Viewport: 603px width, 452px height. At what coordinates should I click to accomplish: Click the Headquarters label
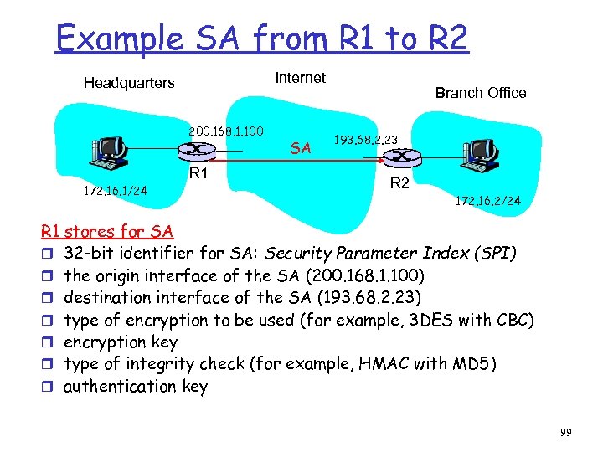(x=129, y=83)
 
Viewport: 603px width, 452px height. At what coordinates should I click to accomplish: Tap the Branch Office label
(x=481, y=93)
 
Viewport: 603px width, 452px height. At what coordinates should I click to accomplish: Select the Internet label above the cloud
(x=300, y=78)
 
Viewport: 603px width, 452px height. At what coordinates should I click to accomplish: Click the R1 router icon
(x=197, y=150)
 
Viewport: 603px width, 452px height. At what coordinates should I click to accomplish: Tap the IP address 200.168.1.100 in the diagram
(x=227, y=131)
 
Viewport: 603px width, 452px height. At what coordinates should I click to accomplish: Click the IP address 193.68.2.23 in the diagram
(x=365, y=139)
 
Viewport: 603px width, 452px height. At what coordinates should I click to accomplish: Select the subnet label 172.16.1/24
(x=115, y=191)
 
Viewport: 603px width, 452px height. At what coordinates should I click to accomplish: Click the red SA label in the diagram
(x=301, y=148)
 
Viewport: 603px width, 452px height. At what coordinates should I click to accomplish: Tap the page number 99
(x=565, y=432)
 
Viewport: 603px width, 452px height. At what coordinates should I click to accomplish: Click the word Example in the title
(x=117, y=38)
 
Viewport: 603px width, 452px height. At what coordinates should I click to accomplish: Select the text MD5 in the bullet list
(x=477, y=364)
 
